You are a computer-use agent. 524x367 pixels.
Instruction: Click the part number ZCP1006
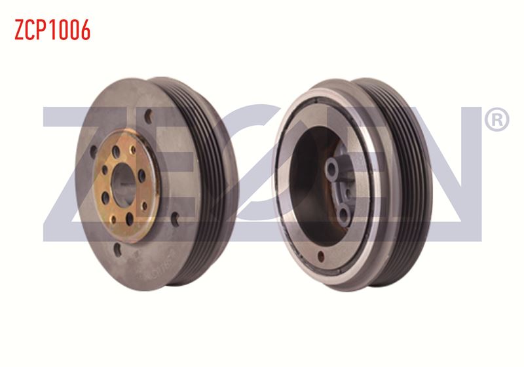coord(52,29)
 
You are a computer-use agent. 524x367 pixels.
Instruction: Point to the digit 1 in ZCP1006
coord(55,29)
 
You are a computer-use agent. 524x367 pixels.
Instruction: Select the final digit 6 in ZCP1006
coord(85,29)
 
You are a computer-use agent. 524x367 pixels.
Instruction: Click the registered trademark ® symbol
coord(496,119)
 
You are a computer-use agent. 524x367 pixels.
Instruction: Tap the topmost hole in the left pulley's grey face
coord(149,116)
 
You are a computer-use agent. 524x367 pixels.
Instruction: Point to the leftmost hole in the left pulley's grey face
coord(93,152)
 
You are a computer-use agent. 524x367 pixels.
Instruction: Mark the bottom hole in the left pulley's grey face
coord(117,249)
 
